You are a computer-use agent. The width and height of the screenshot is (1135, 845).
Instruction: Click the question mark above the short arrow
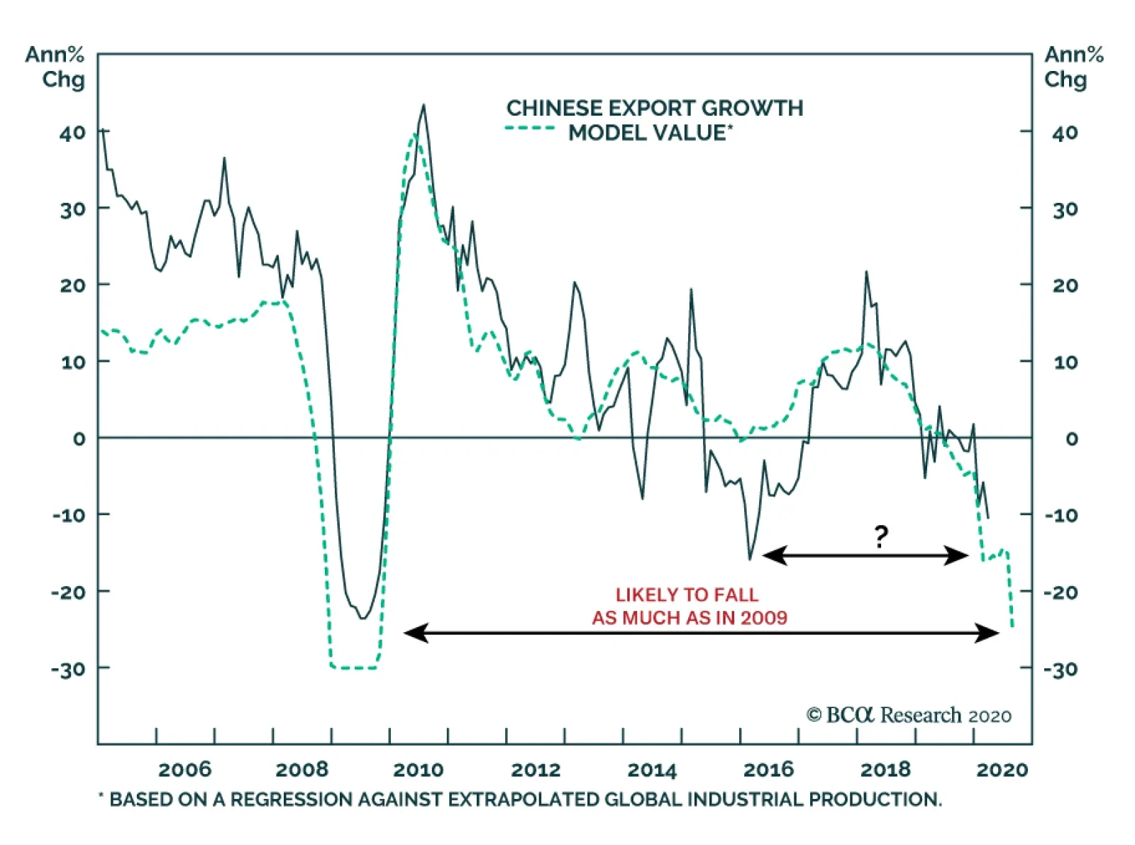click(880, 536)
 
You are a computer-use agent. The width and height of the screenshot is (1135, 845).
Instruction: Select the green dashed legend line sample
click(529, 128)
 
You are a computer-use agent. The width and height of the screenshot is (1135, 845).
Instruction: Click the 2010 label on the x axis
click(419, 770)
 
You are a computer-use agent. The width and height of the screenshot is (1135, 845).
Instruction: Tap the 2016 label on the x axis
click(768, 770)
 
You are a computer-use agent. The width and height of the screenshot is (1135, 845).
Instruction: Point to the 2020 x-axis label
click(1002, 770)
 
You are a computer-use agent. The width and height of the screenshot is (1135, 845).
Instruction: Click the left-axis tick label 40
click(72, 133)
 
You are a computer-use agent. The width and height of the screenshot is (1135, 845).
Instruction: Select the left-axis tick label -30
click(68, 669)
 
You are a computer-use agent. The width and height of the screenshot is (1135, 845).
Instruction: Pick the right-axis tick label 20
click(1065, 285)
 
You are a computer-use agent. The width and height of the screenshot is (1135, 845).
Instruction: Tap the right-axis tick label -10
click(1061, 515)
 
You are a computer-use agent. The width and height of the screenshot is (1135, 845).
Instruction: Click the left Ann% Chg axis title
click(55, 67)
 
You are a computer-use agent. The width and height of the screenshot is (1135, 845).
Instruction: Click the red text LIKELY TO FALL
click(687, 595)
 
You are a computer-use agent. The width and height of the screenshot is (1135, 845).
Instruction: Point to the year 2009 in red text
click(764, 618)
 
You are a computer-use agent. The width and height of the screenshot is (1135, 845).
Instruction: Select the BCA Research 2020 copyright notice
click(909, 715)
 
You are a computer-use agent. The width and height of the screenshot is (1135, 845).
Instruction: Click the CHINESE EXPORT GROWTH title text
click(655, 108)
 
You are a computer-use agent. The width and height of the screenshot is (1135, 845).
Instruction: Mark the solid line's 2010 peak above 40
click(423, 106)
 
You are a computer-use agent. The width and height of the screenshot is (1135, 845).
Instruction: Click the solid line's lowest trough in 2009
click(363, 618)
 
